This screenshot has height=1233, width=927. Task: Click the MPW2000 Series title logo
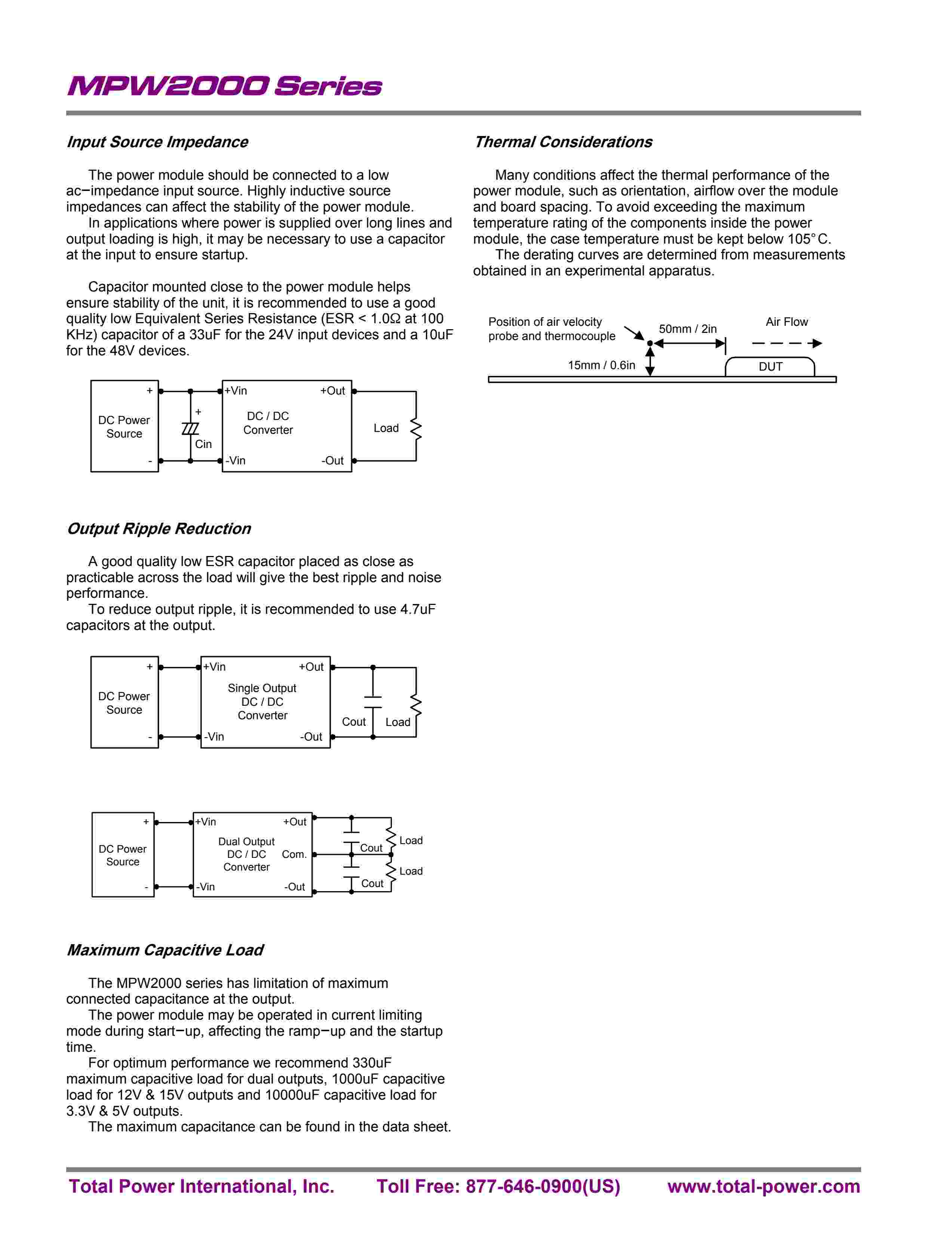click(224, 86)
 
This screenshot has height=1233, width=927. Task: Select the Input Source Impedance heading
click(157, 142)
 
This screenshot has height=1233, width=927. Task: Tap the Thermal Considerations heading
click(563, 142)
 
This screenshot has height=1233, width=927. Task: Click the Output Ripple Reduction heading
click(159, 528)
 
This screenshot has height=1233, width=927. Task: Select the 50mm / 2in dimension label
click(687, 329)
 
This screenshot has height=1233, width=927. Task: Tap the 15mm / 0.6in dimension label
click(601, 365)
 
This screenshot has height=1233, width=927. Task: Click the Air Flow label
click(786, 322)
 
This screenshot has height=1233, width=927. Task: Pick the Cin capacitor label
click(203, 444)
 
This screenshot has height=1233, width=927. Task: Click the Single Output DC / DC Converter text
click(262, 702)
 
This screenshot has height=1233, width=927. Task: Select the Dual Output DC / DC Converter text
click(246, 854)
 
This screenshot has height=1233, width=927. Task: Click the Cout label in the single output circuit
click(354, 722)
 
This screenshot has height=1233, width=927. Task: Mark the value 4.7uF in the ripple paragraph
click(418, 609)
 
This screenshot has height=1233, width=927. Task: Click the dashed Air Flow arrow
click(786, 343)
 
